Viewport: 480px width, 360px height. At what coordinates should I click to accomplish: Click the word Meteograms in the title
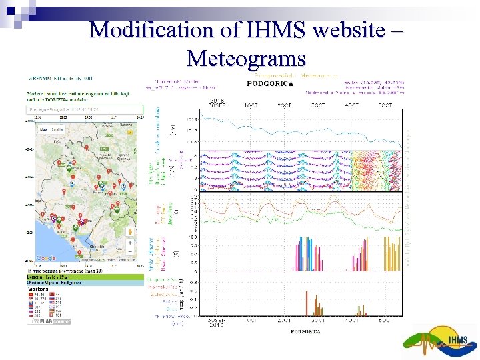click(x=246, y=58)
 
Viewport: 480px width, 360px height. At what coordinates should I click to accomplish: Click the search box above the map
click(x=84, y=109)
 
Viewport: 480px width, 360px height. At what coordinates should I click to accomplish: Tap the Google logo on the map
click(x=46, y=258)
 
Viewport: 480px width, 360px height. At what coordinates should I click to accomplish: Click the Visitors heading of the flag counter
click(x=38, y=289)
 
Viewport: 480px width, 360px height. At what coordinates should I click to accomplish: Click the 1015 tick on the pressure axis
click(x=191, y=120)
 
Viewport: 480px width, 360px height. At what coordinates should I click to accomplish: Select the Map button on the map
click(x=43, y=129)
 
